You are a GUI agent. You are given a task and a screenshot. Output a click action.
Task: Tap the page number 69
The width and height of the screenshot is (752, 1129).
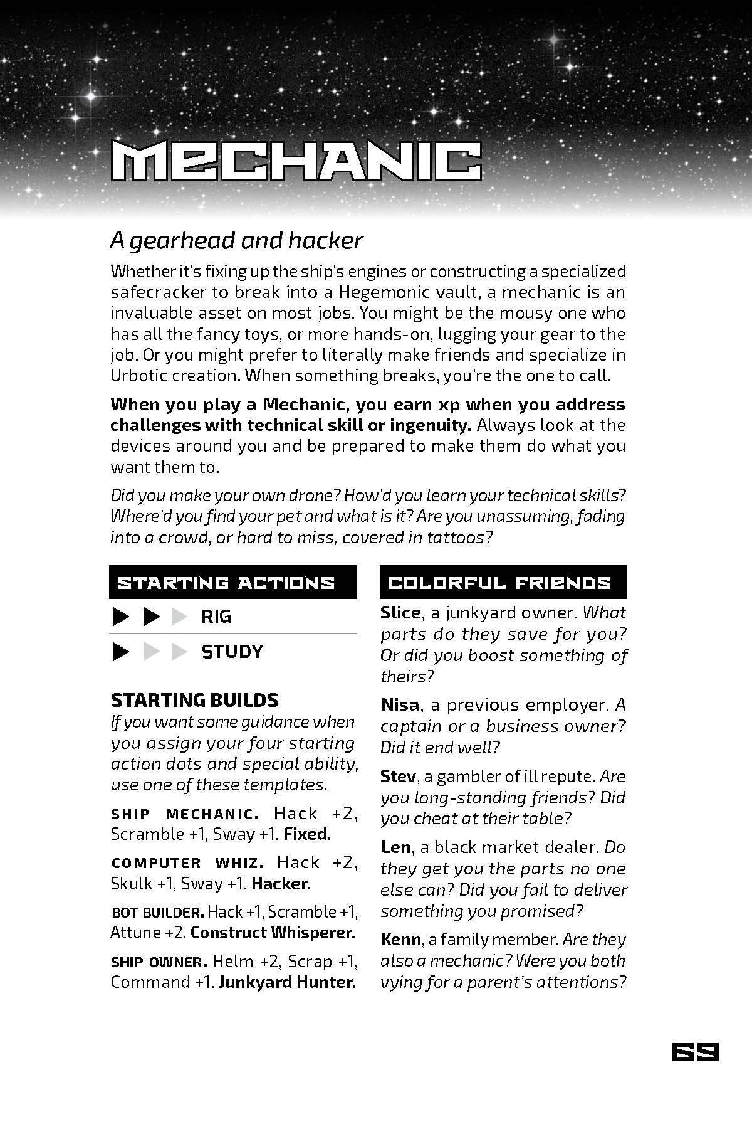tap(694, 1052)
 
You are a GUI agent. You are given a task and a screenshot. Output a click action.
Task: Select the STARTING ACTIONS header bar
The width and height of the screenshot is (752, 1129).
tap(232, 583)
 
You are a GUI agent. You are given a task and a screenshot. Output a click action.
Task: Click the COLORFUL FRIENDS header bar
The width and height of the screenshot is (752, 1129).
tap(503, 583)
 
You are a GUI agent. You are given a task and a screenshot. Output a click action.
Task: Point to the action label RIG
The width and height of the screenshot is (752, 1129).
tap(216, 617)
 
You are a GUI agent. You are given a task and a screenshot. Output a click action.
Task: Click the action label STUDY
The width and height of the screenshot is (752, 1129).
tap(232, 652)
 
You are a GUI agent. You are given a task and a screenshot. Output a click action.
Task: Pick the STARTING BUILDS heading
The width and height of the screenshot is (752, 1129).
tap(194, 699)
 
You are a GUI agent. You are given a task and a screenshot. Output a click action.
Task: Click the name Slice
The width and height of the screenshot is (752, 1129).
tap(400, 613)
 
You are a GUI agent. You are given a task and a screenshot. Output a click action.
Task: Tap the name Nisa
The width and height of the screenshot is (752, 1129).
tap(400, 705)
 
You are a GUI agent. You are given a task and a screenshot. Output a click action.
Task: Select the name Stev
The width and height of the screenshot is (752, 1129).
tap(398, 777)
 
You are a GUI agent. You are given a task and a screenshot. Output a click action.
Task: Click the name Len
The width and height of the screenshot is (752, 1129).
tap(395, 847)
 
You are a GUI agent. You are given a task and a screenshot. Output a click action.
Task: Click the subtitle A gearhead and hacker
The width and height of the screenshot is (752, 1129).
tap(236, 240)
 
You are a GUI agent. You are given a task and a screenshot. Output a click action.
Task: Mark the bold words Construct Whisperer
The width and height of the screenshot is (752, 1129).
tap(273, 933)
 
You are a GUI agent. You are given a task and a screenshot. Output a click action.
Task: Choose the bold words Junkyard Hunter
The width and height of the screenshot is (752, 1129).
tap(287, 982)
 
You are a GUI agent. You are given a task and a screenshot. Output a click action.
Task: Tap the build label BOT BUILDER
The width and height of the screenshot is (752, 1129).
tap(157, 912)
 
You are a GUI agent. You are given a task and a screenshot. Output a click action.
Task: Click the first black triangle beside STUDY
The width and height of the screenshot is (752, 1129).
tap(120, 652)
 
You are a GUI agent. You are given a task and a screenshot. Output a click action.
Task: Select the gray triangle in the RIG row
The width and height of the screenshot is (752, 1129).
tap(180, 617)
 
